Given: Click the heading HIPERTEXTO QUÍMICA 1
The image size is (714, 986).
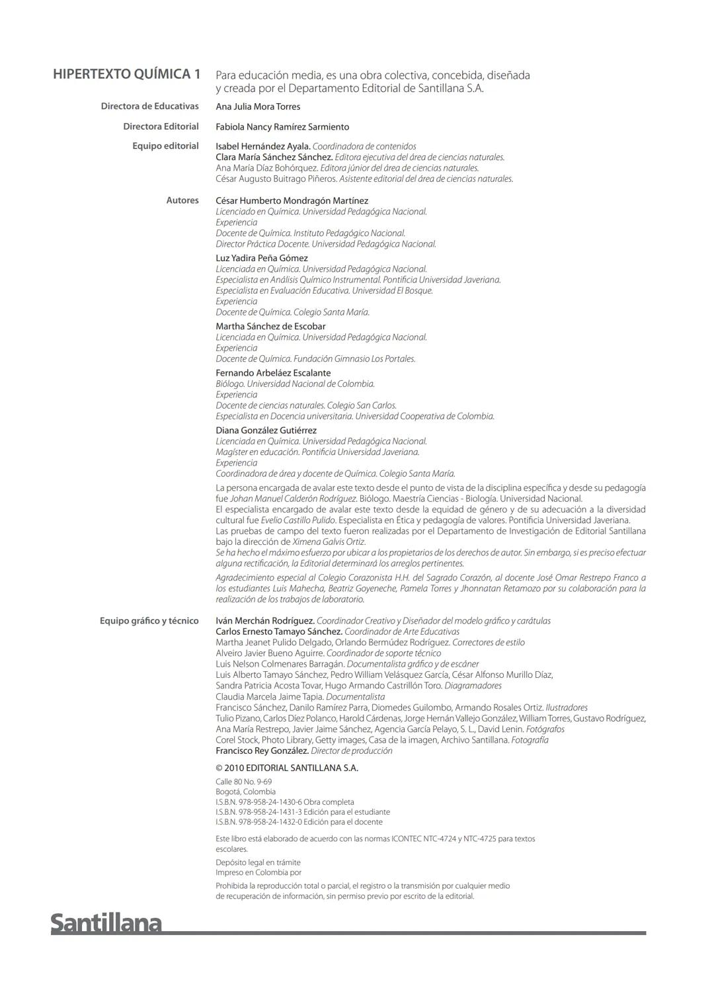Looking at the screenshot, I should pos(126,74).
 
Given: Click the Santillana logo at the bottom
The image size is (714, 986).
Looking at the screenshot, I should pos(106,923).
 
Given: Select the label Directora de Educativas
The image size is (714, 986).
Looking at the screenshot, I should pos(149,106).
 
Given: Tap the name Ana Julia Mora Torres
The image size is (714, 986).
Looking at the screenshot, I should pos(258,106).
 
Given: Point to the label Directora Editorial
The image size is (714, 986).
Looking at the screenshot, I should pos(161,126).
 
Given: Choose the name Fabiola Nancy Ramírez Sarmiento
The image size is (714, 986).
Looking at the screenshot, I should pos(282,127).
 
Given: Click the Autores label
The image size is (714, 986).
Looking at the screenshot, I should pos(182,200).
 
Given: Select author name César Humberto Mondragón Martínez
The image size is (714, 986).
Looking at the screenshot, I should pos(292,200).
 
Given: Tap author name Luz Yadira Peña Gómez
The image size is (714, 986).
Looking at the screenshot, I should pos(262,258).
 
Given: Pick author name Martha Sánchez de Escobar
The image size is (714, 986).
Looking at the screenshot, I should pos(270,326).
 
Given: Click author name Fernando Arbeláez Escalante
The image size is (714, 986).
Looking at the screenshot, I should pos(273,373).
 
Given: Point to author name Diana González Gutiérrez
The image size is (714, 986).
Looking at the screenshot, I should pos(266,431).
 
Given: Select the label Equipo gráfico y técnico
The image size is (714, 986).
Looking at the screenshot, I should pos(149,621).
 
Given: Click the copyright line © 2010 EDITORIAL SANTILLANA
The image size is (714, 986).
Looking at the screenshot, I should pos(287,768).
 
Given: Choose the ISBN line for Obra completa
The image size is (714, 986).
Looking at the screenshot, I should pos(285,802).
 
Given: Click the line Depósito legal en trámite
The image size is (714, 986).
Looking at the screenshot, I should pos(258,862).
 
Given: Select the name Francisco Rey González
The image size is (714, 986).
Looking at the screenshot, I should pos(262,751).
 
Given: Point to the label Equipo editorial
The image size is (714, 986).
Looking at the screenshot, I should pos(165,146).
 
